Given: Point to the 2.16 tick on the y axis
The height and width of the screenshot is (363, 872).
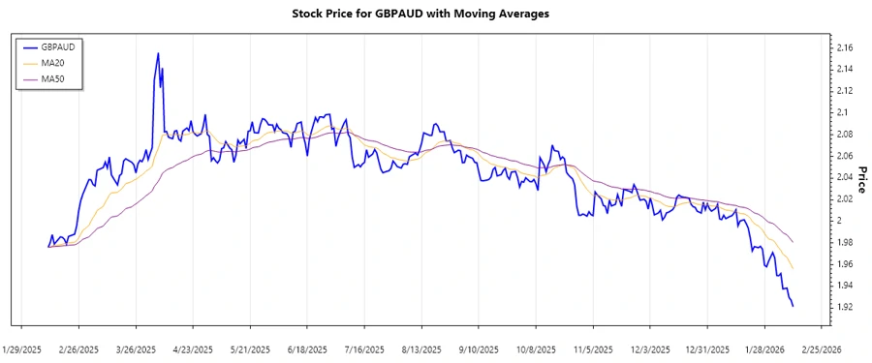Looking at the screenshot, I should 844,47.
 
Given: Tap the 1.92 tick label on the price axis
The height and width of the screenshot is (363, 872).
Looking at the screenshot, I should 844,307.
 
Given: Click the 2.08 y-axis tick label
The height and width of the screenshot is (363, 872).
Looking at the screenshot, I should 844,134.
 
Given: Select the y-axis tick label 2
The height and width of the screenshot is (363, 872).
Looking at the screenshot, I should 839,221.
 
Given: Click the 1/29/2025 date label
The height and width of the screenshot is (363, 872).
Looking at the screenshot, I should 22,348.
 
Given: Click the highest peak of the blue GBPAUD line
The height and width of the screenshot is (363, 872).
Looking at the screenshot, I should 158,53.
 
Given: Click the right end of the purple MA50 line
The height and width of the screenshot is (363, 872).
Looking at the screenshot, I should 794,242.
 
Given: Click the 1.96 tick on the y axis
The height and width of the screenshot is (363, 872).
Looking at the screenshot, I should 844,264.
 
